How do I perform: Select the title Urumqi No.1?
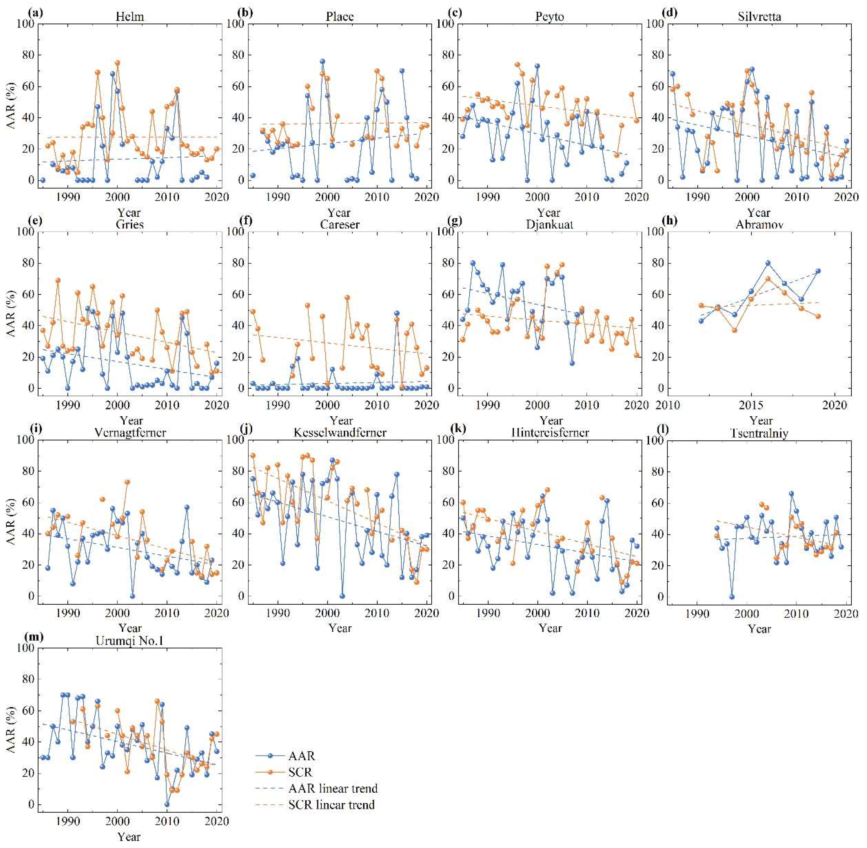[x=129, y=641]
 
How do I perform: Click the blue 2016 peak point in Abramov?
[x=768, y=263]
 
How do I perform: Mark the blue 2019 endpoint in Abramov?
[x=818, y=271]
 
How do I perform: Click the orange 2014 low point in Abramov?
[x=734, y=330]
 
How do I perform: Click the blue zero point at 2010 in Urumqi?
[x=167, y=804]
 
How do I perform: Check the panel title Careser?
[x=339, y=224]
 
